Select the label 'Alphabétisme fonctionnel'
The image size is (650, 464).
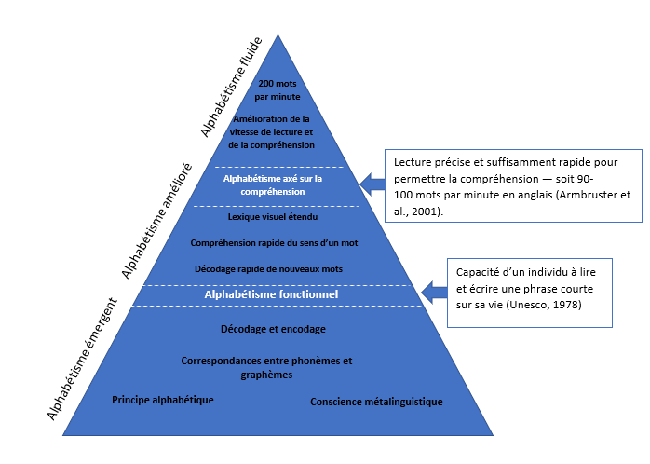(x=271, y=294)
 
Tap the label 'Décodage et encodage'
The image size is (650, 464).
(x=273, y=329)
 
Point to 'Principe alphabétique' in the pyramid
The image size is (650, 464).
(x=163, y=400)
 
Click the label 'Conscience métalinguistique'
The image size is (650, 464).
(x=376, y=402)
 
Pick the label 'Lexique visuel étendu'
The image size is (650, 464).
(x=273, y=216)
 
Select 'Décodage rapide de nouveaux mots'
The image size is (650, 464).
(x=269, y=269)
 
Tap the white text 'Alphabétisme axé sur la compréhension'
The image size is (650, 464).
(x=271, y=184)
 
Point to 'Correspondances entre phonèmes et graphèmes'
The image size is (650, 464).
(x=268, y=367)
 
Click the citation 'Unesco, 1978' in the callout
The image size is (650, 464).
(x=548, y=305)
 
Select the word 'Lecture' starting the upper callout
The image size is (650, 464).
(x=413, y=160)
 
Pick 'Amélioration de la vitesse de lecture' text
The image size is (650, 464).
(x=274, y=125)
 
